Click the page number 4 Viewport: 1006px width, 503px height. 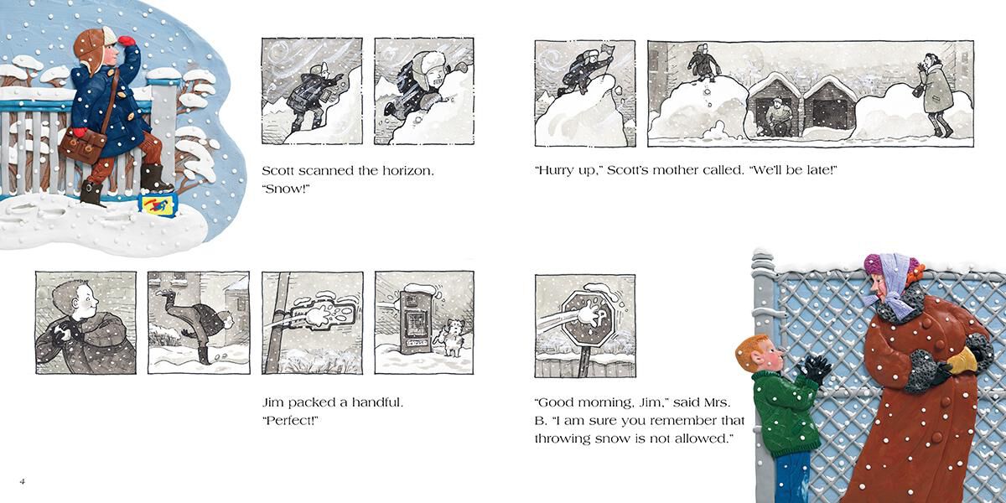coord(23,481)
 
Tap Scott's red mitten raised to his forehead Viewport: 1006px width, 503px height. coord(127,41)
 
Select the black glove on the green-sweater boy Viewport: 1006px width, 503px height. coord(812,369)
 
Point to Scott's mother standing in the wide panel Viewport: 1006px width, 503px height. coord(937,94)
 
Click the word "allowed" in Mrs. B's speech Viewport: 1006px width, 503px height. coord(699,438)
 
